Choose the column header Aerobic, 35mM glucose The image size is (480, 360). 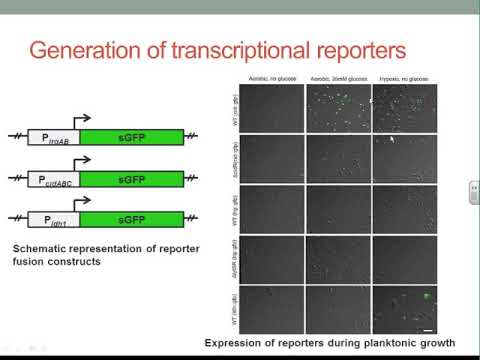click(337, 79)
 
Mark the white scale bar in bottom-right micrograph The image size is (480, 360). click(425, 328)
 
